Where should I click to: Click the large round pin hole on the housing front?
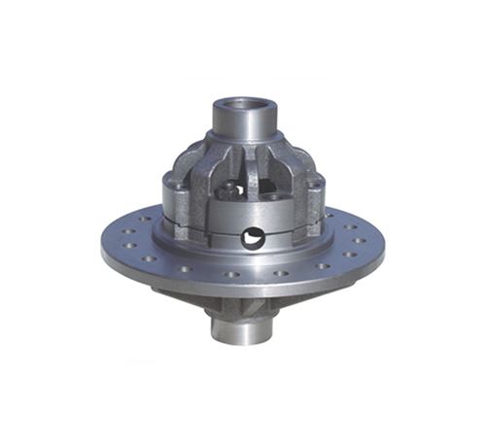coord(254,236)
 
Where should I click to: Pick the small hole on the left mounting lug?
coord(171,181)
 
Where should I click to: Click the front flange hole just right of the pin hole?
coord(281,273)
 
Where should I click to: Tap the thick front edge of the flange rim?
coord(243,292)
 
